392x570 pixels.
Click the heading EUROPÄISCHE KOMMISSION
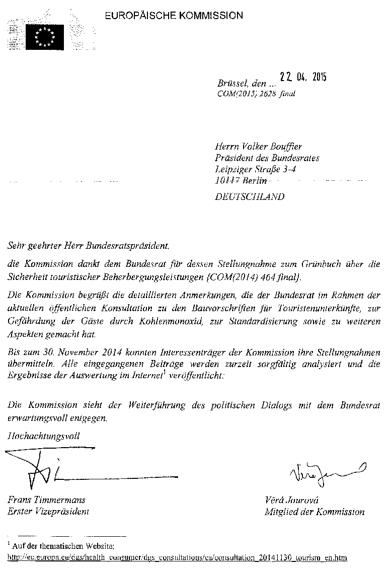click(174, 16)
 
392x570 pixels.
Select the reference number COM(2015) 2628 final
click(256, 94)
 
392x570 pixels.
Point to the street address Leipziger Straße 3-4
click(256, 170)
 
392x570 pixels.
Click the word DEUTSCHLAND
click(249, 197)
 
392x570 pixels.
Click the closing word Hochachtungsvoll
click(43, 436)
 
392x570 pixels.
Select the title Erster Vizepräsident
click(48, 512)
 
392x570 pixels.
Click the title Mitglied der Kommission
click(315, 512)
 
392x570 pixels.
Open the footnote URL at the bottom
click(177, 558)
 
